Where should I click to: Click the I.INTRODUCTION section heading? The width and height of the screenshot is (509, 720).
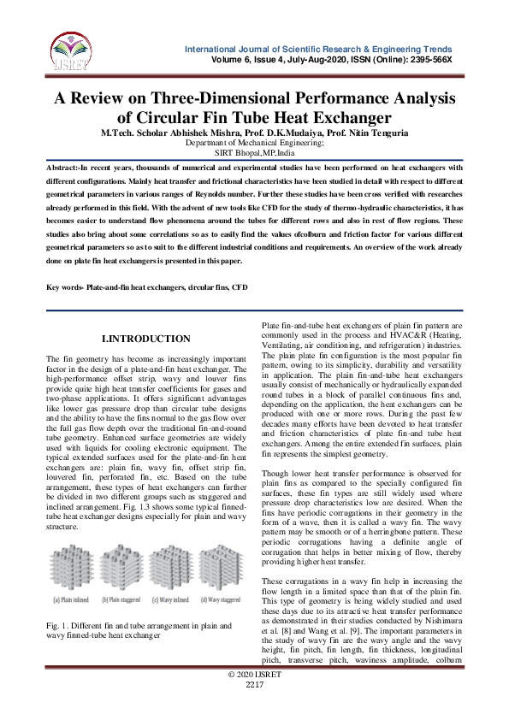pos(146,339)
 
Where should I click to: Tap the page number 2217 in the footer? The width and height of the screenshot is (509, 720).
pos(254,709)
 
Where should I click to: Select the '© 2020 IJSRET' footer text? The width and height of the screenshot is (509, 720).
pos(254,699)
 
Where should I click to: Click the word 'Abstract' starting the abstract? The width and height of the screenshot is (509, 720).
pos(63,168)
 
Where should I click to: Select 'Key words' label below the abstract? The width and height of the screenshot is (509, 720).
pos(66,288)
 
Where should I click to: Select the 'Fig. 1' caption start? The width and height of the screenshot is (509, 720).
pos(56,627)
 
